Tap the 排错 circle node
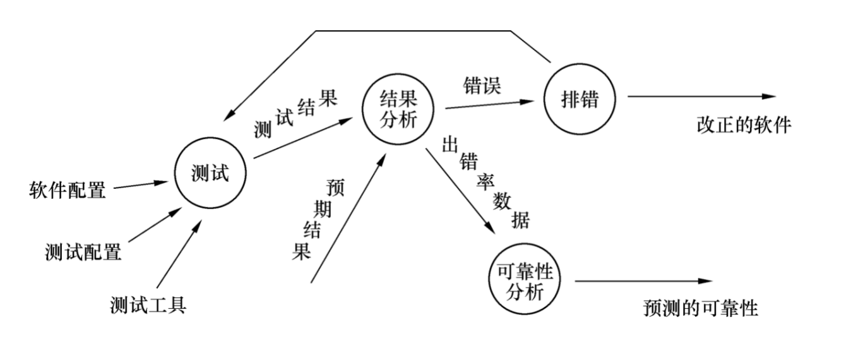[578, 100]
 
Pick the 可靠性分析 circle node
[525, 282]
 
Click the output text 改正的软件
[744, 124]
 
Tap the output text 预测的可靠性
[700, 308]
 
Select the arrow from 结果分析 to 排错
[490, 104]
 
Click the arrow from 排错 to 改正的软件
[701, 97]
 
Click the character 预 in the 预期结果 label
[335, 188]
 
